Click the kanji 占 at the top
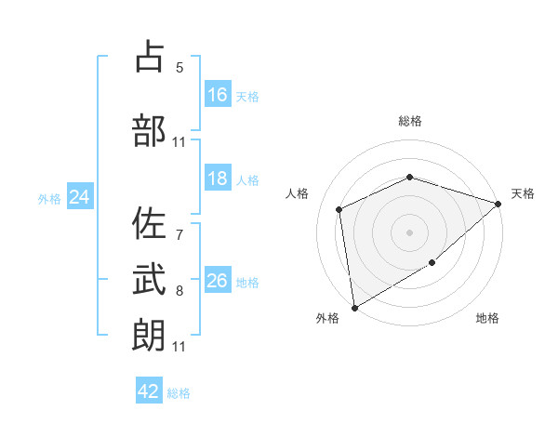click(x=149, y=56)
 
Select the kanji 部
click(x=149, y=130)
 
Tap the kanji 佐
click(x=149, y=223)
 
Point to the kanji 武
click(x=149, y=279)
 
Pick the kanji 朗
click(x=149, y=335)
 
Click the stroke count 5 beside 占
click(x=179, y=68)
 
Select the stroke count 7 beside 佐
click(x=179, y=235)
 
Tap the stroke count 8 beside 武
click(x=179, y=291)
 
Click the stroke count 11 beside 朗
click(x=179, y=347)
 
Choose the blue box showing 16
click(x=218, y=94)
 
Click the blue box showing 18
click(x=218, y=178)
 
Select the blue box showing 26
click(x=218, y=279)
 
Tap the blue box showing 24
click(x=80, y=196)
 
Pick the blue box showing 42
click(x=149, y=390)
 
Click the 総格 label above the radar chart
click(x=410, y=121)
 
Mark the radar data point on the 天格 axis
click(x=498, y=204)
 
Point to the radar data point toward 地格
click(x=432, y=262)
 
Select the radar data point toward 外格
click(x=355, y=308)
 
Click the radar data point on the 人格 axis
click(x=339, y=209)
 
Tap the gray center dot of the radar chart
click(x=409, y=232)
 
